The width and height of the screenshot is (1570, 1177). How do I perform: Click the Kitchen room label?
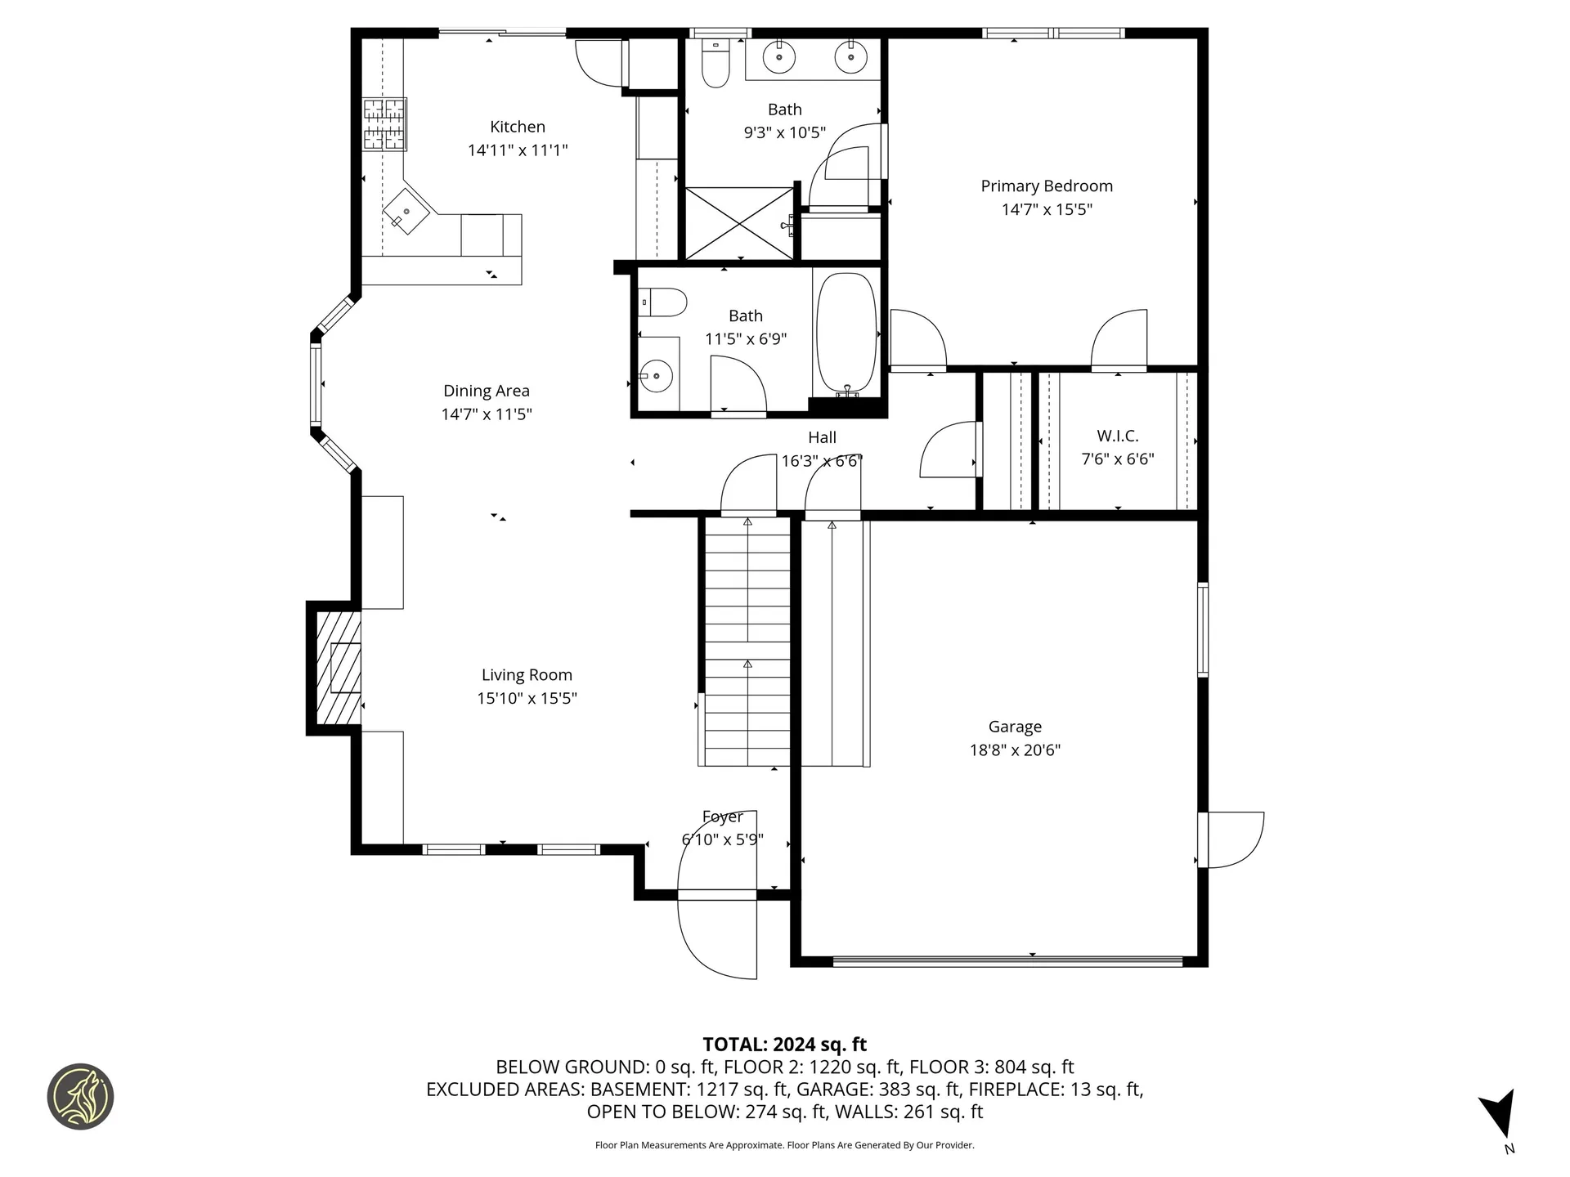tap(517, 127)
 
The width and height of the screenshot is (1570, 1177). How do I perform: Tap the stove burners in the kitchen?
tap(385, 124)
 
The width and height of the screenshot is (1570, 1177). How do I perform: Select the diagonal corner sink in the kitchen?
tap(406, 212)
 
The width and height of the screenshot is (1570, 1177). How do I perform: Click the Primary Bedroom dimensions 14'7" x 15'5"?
tap(1047, 209)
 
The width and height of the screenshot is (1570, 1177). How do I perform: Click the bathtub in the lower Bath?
tap(846, 333)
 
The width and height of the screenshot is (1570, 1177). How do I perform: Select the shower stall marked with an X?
tap(739, 223)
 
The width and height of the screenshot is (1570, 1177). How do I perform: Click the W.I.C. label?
tap(1117, 436)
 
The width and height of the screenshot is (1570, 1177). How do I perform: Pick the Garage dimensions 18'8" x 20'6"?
tap(1015, 750)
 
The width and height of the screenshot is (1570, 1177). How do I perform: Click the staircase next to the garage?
tap(746, 642)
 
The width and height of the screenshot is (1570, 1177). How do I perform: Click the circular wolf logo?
tap(80, 1096)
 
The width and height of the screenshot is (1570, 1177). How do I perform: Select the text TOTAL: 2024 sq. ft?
tap(784, 1045)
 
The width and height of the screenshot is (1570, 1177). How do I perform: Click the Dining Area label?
tap(486, 391)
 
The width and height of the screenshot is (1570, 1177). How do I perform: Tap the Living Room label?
tap(526, 675)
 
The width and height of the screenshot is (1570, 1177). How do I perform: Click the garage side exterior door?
tap(1233, 839)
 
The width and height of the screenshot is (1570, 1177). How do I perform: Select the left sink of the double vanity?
tap(778, 57)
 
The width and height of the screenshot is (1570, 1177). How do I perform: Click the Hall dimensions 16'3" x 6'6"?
tap(821, 461)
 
